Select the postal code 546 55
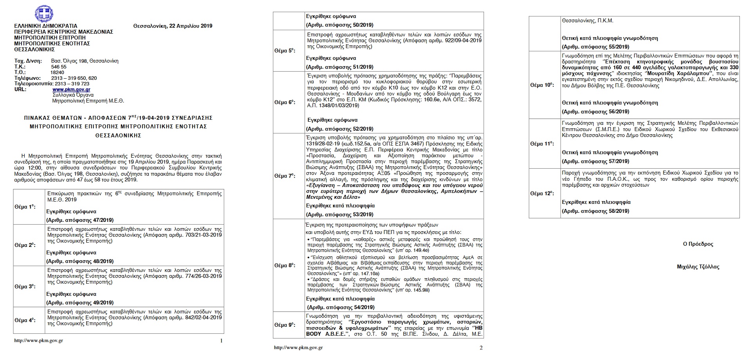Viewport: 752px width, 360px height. point(59,67)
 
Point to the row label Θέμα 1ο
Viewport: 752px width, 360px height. point(25,207)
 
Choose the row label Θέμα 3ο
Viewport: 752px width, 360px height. point(25,286)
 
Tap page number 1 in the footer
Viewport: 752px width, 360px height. point(221,341)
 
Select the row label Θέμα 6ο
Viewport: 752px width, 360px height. point(285,102)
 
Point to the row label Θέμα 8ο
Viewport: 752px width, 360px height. point(285,265)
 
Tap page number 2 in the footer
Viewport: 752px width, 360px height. point(481,348)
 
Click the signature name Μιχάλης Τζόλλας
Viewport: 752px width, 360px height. point(698,267)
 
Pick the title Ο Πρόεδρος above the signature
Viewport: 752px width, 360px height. point(698,244)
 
